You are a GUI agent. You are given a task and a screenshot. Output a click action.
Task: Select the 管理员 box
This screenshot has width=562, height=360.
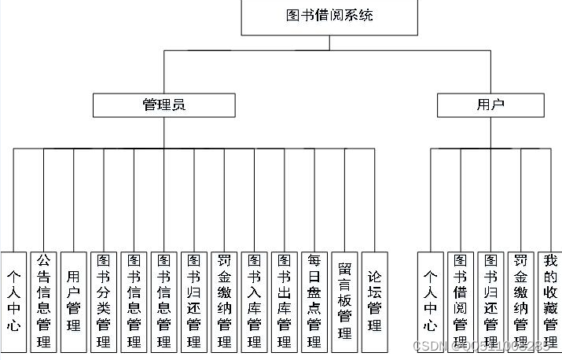pyautogui.click(x=163, y=105)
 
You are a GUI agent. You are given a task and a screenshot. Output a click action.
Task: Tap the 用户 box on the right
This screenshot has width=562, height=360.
pyautogui.click(x=490, y=105)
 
